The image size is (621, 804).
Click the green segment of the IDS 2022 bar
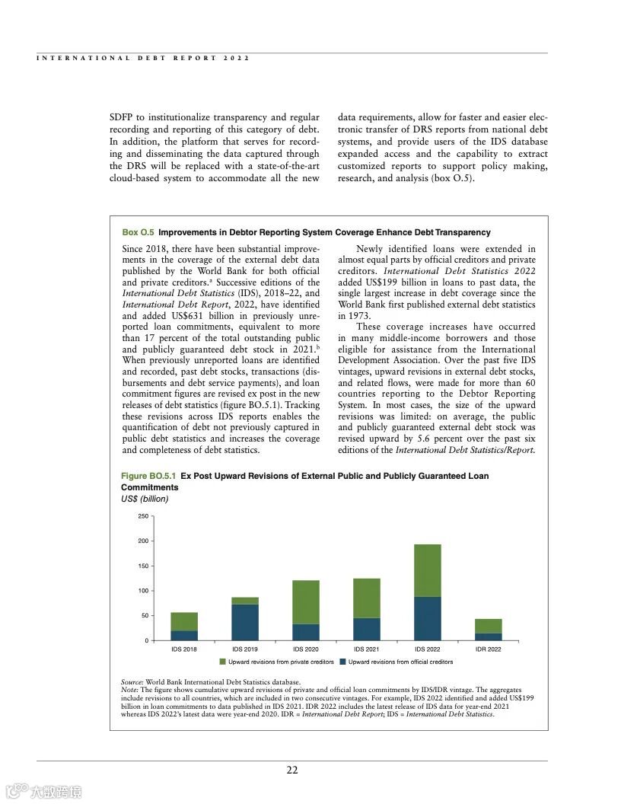(427, 570)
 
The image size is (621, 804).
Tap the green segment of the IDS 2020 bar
(306, 602)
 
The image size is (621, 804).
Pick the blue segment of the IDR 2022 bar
(488, 636)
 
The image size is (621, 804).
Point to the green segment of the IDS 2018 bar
(184, 621)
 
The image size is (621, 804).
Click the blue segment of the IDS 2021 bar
(367, 629)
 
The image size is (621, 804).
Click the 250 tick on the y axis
(143, 516)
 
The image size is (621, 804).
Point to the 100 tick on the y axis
(143, 591)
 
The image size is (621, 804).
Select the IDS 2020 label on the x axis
(306, 649)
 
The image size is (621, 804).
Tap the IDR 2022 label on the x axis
(488, 649)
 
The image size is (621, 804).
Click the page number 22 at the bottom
(292, 770)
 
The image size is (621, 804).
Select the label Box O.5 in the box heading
(138, 232)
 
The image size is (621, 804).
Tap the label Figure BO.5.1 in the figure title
(148, 476)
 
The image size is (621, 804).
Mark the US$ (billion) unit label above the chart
(145, 499)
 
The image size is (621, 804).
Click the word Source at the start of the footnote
(132, 681)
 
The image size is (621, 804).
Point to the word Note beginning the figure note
(129, 689)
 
